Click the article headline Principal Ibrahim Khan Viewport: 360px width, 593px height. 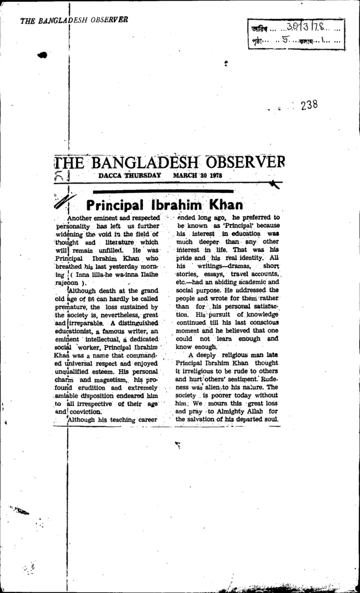click(164, 205)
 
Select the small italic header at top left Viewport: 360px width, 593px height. click(74, 20)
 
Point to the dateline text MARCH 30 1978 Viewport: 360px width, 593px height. click(197, 175)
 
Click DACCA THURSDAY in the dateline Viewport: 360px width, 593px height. click(130, 175)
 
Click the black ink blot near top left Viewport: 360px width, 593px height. click(42, 55)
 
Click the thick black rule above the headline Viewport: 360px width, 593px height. click(163, 191)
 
